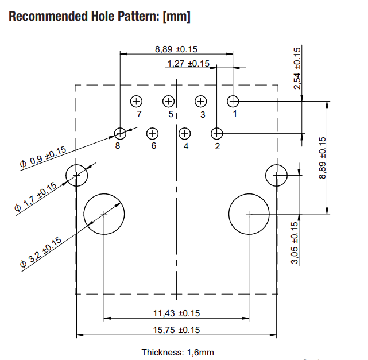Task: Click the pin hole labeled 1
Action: (233, 101)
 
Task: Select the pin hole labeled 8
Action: (120, 134)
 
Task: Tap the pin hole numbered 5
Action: (168, 101)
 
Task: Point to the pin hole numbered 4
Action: (184, 134)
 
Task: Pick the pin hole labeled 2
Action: (216, 134)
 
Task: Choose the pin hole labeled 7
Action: (136, 101)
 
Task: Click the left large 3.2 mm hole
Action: (104, 214)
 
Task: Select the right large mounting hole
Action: (249, 214)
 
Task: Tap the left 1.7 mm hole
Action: (76, 175)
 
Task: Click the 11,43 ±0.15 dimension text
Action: (176, 313)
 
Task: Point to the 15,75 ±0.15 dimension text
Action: (176, 330)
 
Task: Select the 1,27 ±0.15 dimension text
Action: (188, 64)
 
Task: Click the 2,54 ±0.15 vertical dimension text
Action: (297, 68)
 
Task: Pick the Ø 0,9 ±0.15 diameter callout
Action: (43, 158)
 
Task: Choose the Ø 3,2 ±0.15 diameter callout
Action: (40, 253)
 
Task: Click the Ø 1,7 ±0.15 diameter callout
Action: (36, 197)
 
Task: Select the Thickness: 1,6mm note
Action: (177, 352)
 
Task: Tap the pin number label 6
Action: (154, 146)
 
